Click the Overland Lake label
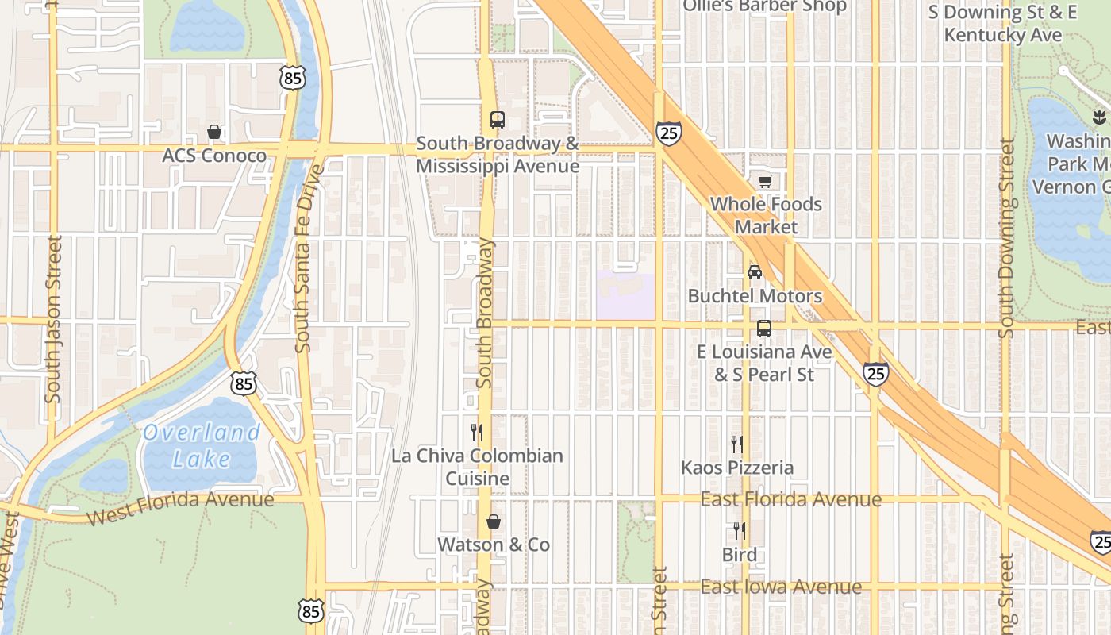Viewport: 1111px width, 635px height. tap(202, 445)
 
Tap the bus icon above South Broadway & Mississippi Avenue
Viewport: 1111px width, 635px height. tap(498, 120)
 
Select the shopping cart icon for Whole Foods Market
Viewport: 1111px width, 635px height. tap(765, 182)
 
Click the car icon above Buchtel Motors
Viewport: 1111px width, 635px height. tap(755, 272)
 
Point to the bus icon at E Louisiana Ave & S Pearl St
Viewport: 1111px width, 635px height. tap(764, 328)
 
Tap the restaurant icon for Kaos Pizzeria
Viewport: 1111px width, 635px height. tap(737, 444)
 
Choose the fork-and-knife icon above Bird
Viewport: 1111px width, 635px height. tap(739, 531)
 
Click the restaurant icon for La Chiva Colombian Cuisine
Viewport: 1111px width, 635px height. tap(477, 433)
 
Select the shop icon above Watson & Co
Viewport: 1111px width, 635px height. tap(494, 521)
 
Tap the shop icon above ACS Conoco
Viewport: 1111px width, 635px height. tap(214, 132)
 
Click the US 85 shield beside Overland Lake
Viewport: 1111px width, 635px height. tap(244, 383)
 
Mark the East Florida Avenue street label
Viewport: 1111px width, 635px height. tap(790, 499)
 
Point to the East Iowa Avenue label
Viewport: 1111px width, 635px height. tap(781, 587)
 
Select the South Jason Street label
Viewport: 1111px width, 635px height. tap(54, 317)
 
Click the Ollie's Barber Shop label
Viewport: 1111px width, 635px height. tap(765, 6)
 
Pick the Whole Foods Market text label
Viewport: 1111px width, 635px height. tap(766, 215)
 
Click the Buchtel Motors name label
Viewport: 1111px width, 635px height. tap(755, 296)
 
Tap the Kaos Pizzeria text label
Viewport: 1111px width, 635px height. tap(737, 468)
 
